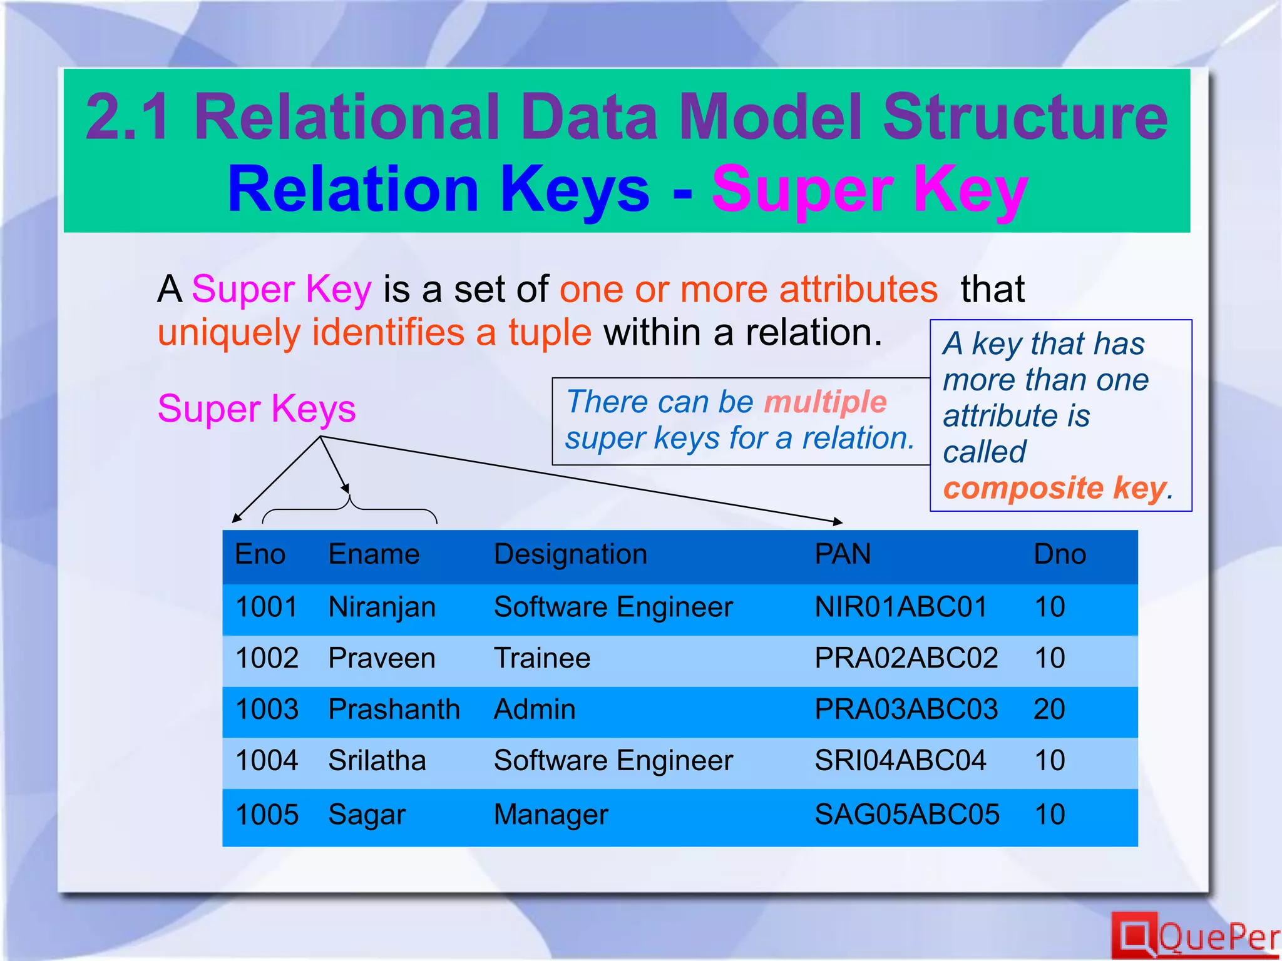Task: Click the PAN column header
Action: point(842,554)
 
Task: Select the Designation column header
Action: point(570,554)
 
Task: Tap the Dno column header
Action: point(1059,554)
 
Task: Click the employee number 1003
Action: point(267,709)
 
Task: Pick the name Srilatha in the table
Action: point(377,761)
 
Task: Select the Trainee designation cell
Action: point(542,658)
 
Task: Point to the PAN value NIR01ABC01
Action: point(900,607)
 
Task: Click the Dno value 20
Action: point(1049,709)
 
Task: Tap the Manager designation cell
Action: point(551,815)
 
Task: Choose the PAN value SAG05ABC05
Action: point(906,815)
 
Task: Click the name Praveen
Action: point(382,658)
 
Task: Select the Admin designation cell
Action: point(535,709)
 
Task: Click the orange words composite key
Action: point(1055,488)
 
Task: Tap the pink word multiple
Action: point(825,402)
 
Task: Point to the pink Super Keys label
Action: point(257,409)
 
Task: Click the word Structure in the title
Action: point(1025,117)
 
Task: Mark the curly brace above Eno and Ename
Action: point(349,508)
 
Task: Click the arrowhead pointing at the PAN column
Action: point(838,521)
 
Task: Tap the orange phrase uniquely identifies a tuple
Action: point(374,332)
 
